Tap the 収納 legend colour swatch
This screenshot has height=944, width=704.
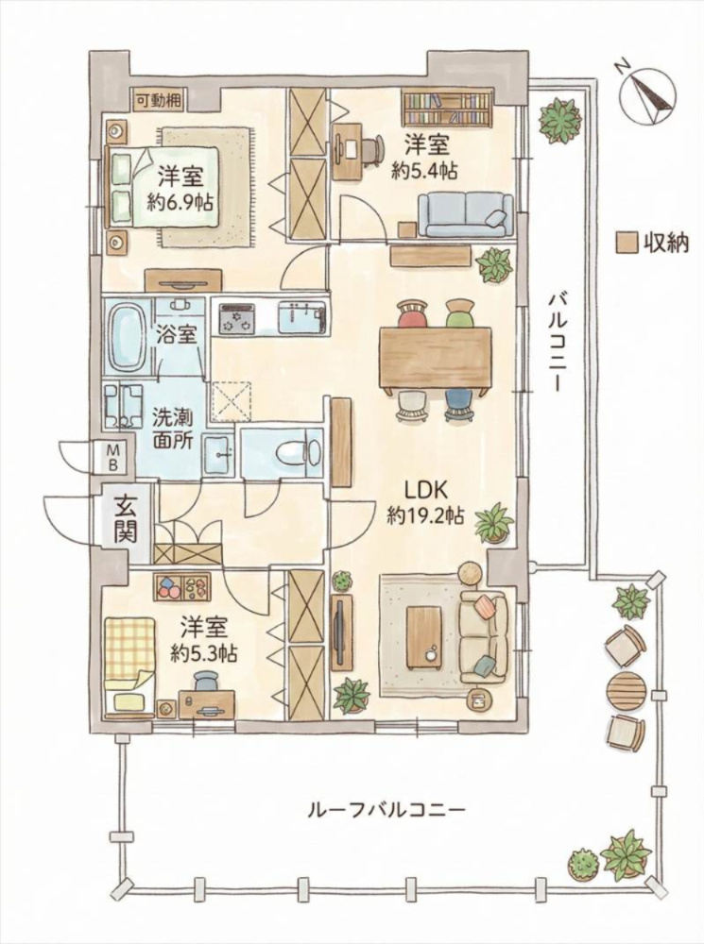(625, 242)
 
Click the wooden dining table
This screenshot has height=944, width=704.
(436, 358)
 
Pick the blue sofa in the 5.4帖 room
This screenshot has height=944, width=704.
(465, 214)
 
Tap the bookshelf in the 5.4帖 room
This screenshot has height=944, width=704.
(446, 109)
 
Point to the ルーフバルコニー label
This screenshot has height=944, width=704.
(386, 810)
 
